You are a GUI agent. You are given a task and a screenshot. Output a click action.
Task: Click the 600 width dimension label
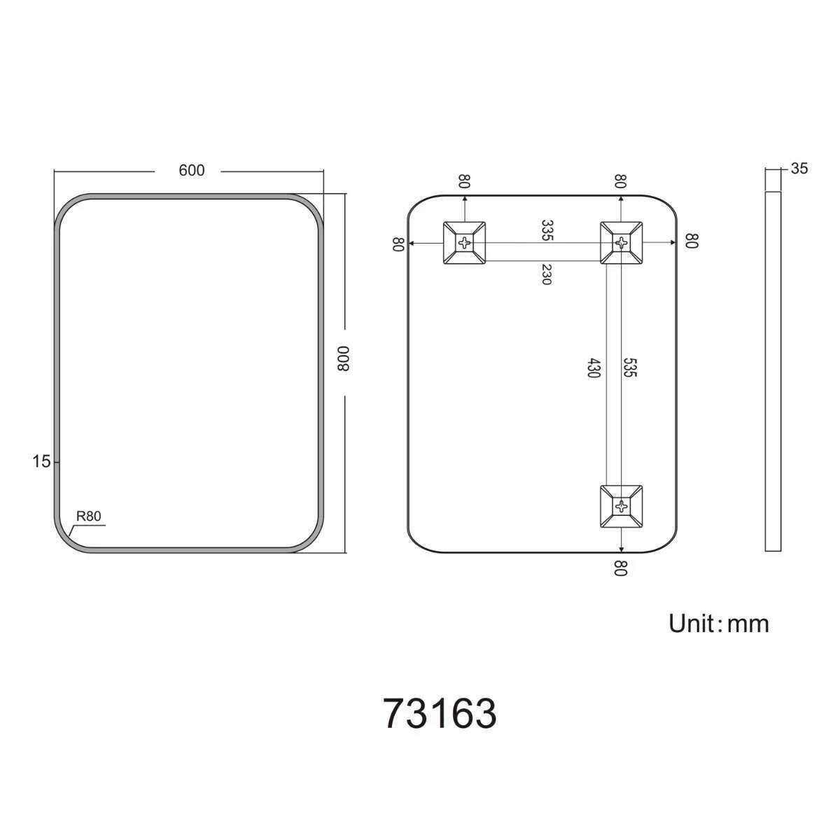click(x=191, y=170)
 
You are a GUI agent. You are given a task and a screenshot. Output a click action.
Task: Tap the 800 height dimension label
click(x=344, y=359)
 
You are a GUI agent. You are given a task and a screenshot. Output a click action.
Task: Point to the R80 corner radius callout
click(x=88, y=516)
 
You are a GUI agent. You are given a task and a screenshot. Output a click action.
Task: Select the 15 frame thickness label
click(x=41, y=461)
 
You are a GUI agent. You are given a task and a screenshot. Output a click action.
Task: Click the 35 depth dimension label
click(x=799, y=168)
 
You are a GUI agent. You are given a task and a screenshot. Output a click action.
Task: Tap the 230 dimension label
click(x=546, y=274)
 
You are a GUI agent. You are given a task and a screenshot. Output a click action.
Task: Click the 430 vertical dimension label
click(x=594, y=368)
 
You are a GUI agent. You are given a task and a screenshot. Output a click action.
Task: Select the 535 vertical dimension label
click(x=630, y=367)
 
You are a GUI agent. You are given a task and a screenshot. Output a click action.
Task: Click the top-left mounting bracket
click(x=464, y=243)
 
